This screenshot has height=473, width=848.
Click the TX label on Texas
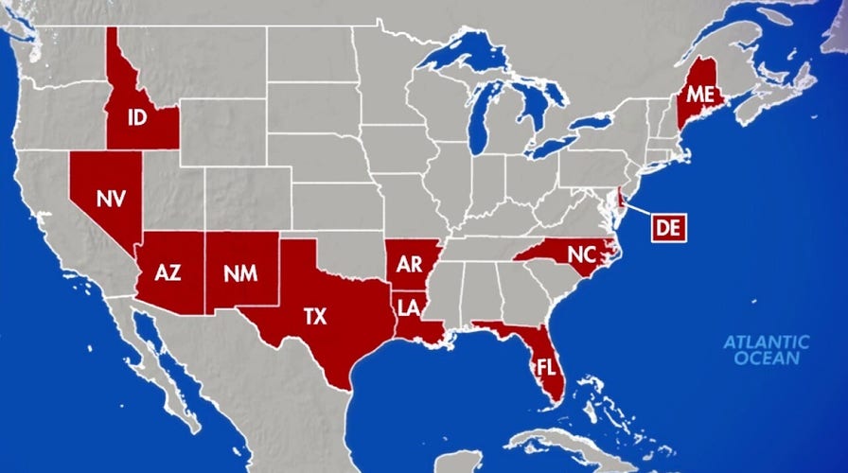(x=315, y=316)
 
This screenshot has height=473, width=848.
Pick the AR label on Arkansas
(x=409, y=264)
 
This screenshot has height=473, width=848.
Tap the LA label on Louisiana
(x=409, y=307)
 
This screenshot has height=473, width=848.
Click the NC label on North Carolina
(x=581, y=253)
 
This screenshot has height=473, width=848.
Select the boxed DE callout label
(x=669, y=227)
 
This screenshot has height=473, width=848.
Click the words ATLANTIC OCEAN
(x=767, y=350)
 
